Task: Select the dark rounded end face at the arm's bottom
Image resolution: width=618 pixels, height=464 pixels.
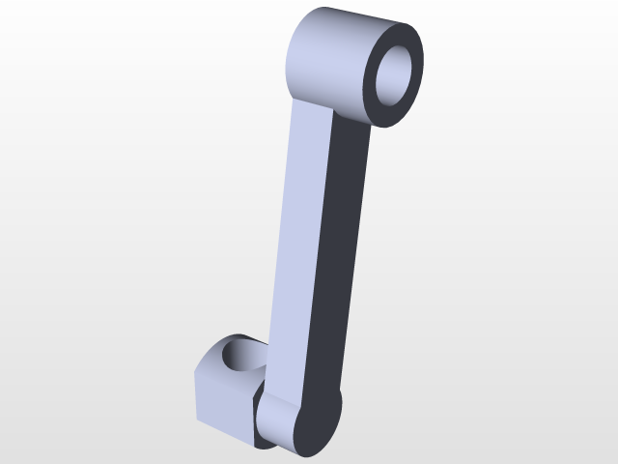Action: tap(319, 425)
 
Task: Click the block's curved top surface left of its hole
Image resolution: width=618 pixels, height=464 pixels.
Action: tap(213, 352)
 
